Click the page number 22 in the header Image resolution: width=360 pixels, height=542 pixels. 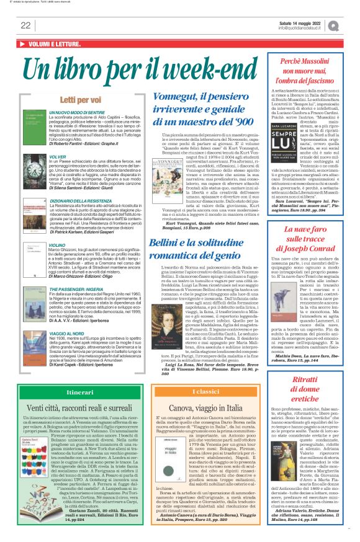point(25,25)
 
